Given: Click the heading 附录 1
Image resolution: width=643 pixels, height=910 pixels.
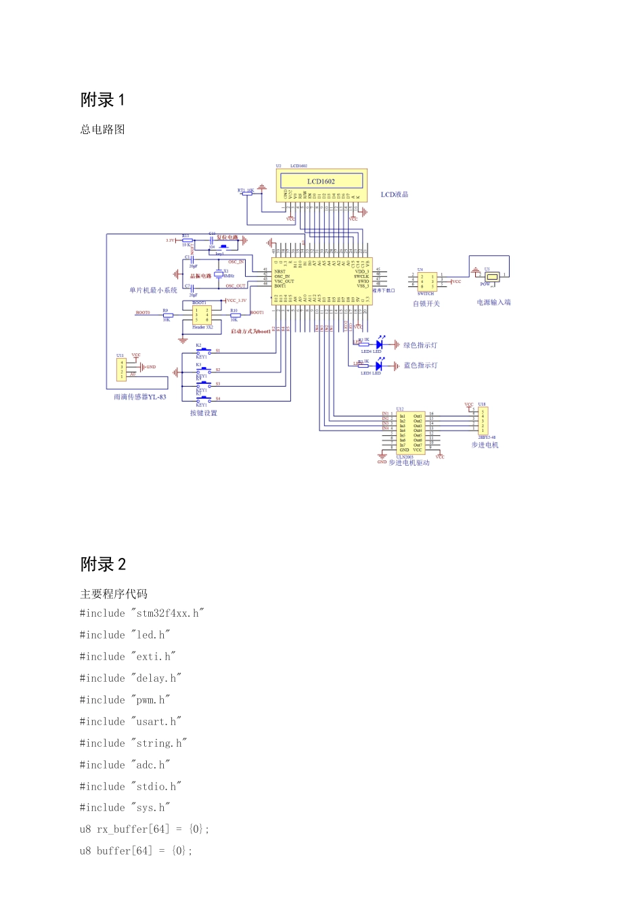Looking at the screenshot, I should (x=103, y=100).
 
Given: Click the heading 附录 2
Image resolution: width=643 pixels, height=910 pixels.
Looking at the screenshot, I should (x=103, y=565).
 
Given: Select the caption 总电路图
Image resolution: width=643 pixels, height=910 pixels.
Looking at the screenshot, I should (x=102, y=129).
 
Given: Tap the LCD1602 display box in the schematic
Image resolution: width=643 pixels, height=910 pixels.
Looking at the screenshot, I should (x=321, y=181).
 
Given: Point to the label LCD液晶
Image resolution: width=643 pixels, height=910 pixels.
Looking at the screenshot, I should (x=394, y=194).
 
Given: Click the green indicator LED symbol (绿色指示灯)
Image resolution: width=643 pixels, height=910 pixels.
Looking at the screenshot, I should (x=379, y=345).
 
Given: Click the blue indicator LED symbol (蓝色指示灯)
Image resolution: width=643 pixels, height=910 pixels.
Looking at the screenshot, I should (x=378, y=366).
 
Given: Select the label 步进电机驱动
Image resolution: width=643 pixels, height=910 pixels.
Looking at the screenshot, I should (x=409, y=462).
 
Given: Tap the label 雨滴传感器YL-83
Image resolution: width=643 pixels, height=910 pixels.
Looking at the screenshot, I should (x=140, y=397).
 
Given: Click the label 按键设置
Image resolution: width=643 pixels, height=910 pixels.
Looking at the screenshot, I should (x=203, y=413).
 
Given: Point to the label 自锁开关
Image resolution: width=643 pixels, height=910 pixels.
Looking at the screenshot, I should (x=426, y=303).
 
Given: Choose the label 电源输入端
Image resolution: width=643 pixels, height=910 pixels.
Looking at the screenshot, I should (x=493, y=302).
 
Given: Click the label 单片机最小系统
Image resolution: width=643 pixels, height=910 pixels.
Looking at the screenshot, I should (x=154, y=290).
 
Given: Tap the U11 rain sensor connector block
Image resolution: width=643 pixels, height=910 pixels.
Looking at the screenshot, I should (x=122, y=369).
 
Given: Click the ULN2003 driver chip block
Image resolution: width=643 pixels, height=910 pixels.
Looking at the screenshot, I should (x=410, y=432).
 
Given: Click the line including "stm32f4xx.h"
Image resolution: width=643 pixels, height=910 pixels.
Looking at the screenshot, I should (x=141, y=613).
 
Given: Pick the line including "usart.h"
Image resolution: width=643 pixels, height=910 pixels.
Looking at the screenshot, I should (x=131, y=722).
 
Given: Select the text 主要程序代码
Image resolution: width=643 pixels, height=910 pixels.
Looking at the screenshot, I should (x=114, y=594).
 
